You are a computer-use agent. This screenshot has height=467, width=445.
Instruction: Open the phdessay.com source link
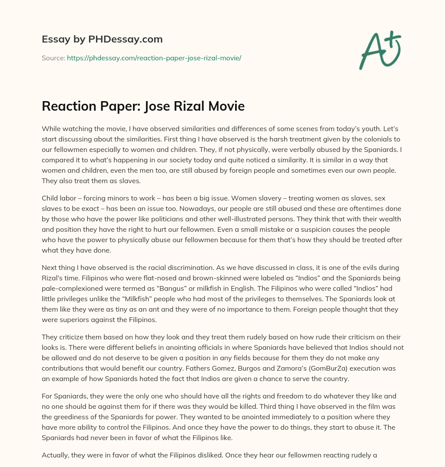(x=154, y=58)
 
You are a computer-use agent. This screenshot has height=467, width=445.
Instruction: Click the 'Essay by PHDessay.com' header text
(x=102, y=39)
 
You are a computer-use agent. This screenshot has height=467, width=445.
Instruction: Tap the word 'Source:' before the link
(x=53, y=58)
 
